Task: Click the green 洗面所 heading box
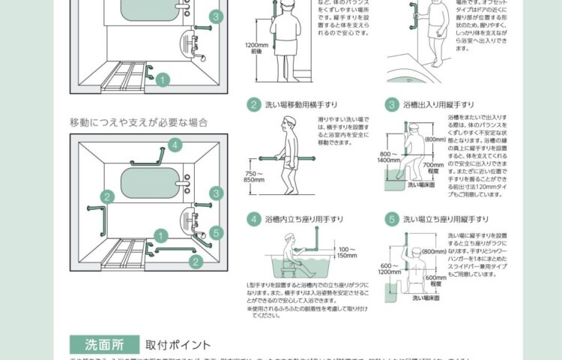click(104, 344)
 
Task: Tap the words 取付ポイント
click(178, 345)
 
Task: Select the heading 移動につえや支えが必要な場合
click(139, 121)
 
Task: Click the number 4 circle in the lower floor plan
click(175, 145)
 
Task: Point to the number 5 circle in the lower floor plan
click(215, 232)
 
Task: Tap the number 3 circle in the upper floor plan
click(215, 16)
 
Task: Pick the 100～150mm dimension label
click(347, 252)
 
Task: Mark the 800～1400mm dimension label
click(389, 156)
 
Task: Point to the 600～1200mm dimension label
click(389, 268)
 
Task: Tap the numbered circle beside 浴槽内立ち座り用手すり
click(254, 219)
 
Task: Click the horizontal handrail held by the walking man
click(288, 158)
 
